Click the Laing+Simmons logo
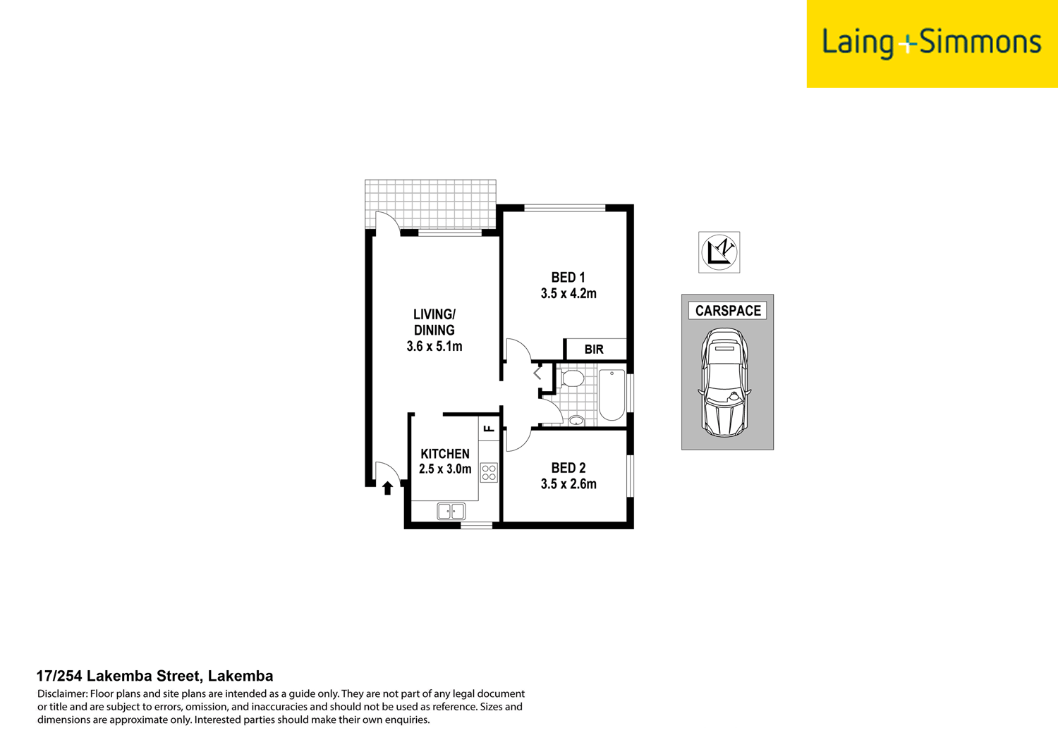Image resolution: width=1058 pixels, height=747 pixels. click(x=931, y=43)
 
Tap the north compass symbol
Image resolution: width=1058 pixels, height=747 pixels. click(x=719, y=252)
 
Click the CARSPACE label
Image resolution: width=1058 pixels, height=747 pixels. click(x=727, y=311)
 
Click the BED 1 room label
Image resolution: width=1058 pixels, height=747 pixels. click(x=568, y=278)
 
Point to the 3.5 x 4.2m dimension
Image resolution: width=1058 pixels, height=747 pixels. click(x=568, y=294)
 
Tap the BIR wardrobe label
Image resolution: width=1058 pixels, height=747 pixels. click(x=594, y=350)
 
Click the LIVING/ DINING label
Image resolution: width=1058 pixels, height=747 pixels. click(x=434, y=322)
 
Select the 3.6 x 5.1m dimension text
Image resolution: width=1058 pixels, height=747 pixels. click(x=434, y=346)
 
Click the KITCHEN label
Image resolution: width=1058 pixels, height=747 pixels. click(x=445, y=454)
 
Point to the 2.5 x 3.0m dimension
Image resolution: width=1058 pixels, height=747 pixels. click(x=445, y=469)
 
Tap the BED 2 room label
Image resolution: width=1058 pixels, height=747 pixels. click(x=568, y=468)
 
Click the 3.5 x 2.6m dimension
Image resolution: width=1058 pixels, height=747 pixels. click(x=568, y=484)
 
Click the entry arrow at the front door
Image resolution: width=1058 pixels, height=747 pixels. click(x=387, y=488)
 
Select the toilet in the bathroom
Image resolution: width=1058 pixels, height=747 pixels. click(x=571, y=378)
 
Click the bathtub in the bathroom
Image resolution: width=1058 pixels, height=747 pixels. click(x=612, y=395)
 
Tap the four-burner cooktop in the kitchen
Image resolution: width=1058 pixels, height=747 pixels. click(x=489, y=472)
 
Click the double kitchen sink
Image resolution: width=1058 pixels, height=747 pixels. click(x=451, y=511)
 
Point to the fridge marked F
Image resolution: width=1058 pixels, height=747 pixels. click(x=489, y=428)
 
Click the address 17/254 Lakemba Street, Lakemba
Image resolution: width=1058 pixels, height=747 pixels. click(x=154, y=677)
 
